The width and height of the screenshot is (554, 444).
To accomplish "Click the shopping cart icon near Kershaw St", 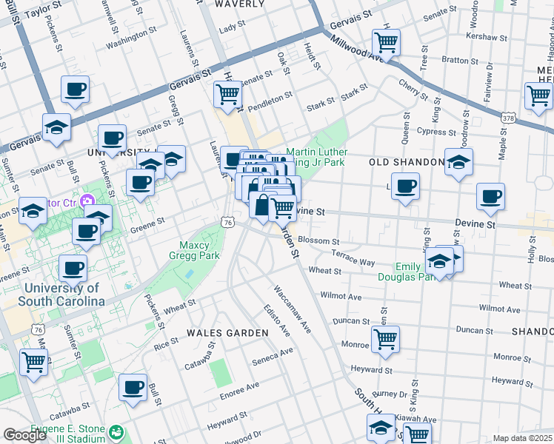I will coord(386,41).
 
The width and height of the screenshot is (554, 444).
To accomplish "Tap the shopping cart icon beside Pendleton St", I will coord(227,94).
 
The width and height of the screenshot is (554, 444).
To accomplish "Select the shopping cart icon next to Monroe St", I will coord(385,339).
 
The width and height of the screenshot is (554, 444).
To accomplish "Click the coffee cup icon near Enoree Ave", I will coord(133,387).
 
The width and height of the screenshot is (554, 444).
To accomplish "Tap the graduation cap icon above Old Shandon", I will coord(458,162).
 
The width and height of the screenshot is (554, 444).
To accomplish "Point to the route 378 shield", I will coord(508,118).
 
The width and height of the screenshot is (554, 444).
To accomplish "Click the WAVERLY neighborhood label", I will coord(239,4).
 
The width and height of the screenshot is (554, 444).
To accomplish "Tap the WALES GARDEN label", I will coord(227,333).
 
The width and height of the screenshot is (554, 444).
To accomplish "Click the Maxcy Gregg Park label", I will coord(200,249).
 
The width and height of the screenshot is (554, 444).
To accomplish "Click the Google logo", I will coord(24,435).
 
